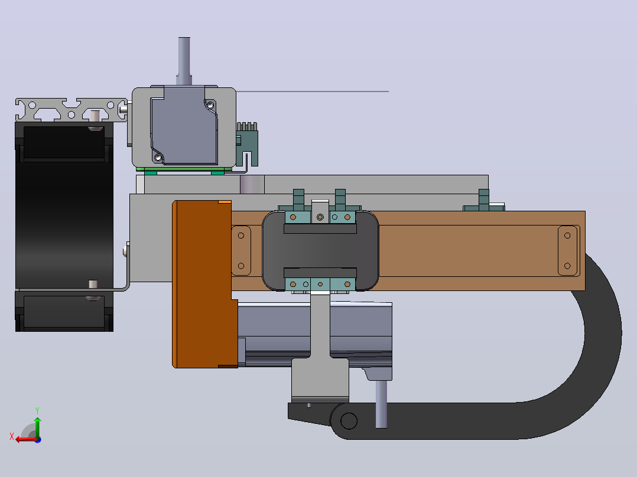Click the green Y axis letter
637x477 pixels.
tap(37, 410)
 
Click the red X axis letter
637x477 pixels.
tap(12, 436)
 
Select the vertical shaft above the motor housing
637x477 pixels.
tap(184, 61)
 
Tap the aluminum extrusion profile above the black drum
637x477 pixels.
tap(71, 110)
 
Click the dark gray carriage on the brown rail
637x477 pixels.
tap(320, 250)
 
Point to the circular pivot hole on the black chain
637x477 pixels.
tap(349, 421)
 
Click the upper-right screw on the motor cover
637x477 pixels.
tap(210, 106)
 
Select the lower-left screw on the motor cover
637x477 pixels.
tap(158, 157)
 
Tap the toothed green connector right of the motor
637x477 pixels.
tap(247, 143)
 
